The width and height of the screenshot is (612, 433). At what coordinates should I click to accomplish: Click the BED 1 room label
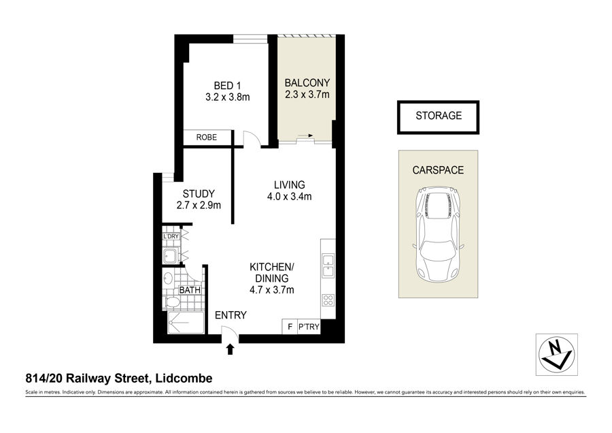(228, 85)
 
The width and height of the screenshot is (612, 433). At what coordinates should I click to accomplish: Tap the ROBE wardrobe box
(207, 138)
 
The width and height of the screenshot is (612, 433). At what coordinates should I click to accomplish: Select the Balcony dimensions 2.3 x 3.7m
(307, 95)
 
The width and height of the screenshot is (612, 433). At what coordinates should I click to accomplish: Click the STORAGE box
(439, 117)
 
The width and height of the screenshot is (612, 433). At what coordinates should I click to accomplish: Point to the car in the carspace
(439, 234)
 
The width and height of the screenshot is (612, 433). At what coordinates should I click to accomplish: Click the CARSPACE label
(438, 170)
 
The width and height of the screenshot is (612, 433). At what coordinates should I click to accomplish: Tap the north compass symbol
(556, 355)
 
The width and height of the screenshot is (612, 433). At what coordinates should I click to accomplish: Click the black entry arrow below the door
(231, 349)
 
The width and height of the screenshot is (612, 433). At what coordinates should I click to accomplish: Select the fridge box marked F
(290, 327)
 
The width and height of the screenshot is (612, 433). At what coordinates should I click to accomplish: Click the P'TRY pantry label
(309, 327)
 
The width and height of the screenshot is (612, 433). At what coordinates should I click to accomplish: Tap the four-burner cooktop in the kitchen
(328, 300)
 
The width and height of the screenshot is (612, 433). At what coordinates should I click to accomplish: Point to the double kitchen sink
(328, 266)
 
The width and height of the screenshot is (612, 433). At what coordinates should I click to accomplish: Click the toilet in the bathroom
(172, 302)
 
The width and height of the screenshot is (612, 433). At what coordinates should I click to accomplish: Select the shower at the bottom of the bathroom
(186, 323)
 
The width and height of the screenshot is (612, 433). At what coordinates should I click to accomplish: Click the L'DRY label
(171, 236)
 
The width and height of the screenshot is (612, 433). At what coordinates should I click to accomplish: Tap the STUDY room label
(199, 194)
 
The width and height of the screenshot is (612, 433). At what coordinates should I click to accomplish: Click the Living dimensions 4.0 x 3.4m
(289, 197)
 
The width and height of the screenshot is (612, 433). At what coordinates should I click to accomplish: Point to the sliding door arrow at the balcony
(306, 135)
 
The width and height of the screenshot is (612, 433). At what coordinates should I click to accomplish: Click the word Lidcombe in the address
(184, 379)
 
